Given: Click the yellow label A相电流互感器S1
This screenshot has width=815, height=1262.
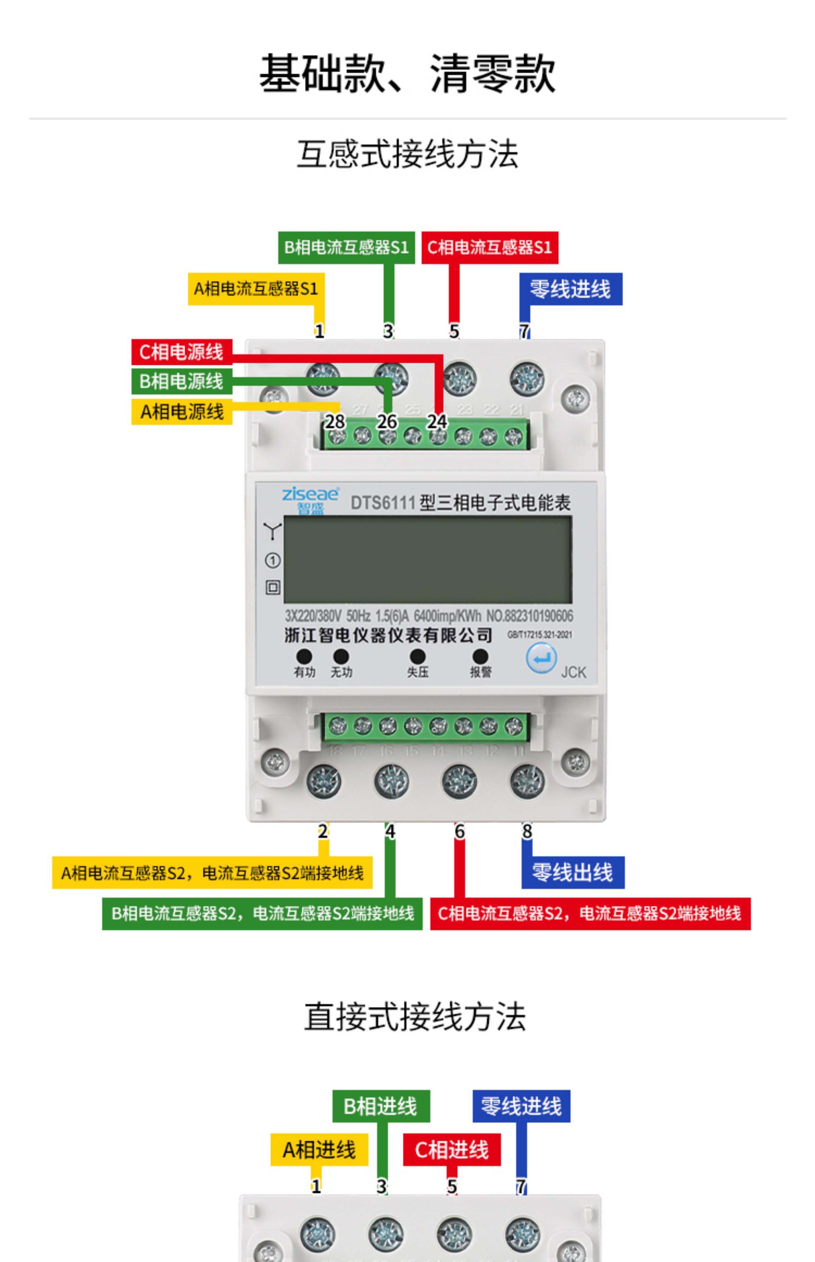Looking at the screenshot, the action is click(x=256, y=289).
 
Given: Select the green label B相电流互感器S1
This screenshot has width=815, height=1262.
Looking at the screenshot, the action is click(x=346, y=247).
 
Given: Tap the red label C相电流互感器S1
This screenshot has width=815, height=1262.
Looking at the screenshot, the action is click(x=490, y=247).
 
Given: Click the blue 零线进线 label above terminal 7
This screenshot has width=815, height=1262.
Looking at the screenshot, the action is click(x=570, y=289).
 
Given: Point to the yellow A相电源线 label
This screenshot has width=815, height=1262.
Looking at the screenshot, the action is click(x=181, y=411).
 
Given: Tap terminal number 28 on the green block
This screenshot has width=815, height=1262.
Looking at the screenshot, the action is click(x=335, y=422).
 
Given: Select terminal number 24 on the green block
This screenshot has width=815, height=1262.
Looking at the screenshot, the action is click(x=437, y=422).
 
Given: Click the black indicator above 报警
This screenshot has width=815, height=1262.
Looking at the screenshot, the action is click(x=480, y=656).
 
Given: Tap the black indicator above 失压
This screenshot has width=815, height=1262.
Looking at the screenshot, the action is click(x=418, y=656).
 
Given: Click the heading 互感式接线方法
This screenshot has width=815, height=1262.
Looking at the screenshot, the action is click(x=407, y=154).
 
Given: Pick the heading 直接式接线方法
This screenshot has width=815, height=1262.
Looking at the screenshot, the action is click(x=415, y=1017).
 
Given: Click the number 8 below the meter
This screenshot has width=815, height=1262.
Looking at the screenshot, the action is click(x=527, y=831).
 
